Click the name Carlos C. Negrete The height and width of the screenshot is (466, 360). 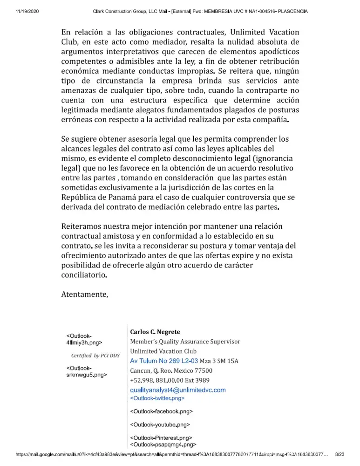click(x=155, y=332)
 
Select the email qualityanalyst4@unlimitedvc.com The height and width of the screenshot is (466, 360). click(x=178, y=390)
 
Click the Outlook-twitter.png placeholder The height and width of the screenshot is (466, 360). click(x=157, y=398)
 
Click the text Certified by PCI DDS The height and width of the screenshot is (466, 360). click(x=95, y=356)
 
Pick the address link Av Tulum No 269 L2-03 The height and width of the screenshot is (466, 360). click(x=164, y=361)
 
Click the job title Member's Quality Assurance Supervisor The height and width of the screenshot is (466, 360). click(x=185, y=342)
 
